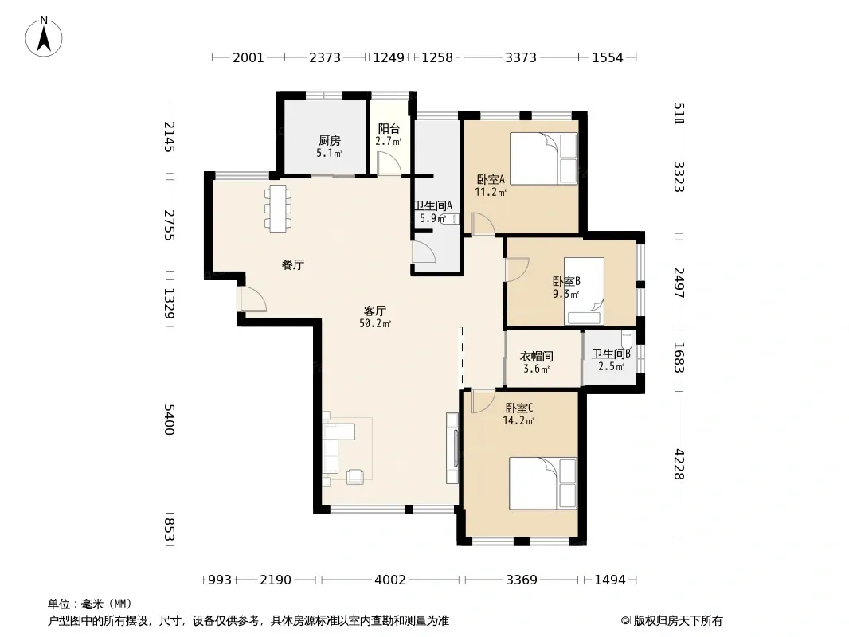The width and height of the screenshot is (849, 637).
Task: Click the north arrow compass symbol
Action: [x=44, y=37]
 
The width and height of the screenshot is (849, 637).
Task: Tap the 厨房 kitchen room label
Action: [x=329, y=141]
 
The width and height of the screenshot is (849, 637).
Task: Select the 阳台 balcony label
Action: [x=389, y=128]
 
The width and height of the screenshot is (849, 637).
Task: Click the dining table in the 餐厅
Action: [x=278, y=209]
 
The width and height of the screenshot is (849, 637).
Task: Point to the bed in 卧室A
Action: [x=544, y=158]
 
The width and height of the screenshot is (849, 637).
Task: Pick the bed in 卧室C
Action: [x=543, y=483]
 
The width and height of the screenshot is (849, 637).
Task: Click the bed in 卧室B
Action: [x=584, y=291]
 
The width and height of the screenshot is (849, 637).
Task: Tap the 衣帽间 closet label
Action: [x=536, y=356]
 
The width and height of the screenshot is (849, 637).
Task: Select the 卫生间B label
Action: [x=611, y=354]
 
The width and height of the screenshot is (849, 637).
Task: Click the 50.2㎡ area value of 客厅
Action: [x=374, y=323]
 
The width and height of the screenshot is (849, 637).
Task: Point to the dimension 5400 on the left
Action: [x=170, y=419]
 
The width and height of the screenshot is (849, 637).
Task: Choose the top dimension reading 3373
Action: [x=521, y=57]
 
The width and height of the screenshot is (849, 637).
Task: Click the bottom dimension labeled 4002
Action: [x=389, y=580]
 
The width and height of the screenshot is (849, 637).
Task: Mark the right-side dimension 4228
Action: [x=679, y=464]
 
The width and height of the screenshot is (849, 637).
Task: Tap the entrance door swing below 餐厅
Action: [x=253, y=299]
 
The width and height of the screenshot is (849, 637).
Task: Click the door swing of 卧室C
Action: [x=483, y=401]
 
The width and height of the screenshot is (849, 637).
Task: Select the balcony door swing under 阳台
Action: [x=389, y=163]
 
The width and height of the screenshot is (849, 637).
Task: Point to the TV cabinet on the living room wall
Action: [x=452, y=448]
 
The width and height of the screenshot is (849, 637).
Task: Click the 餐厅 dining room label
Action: [x=293, y=264]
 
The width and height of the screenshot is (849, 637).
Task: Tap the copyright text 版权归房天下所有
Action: [x=678, y=621]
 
